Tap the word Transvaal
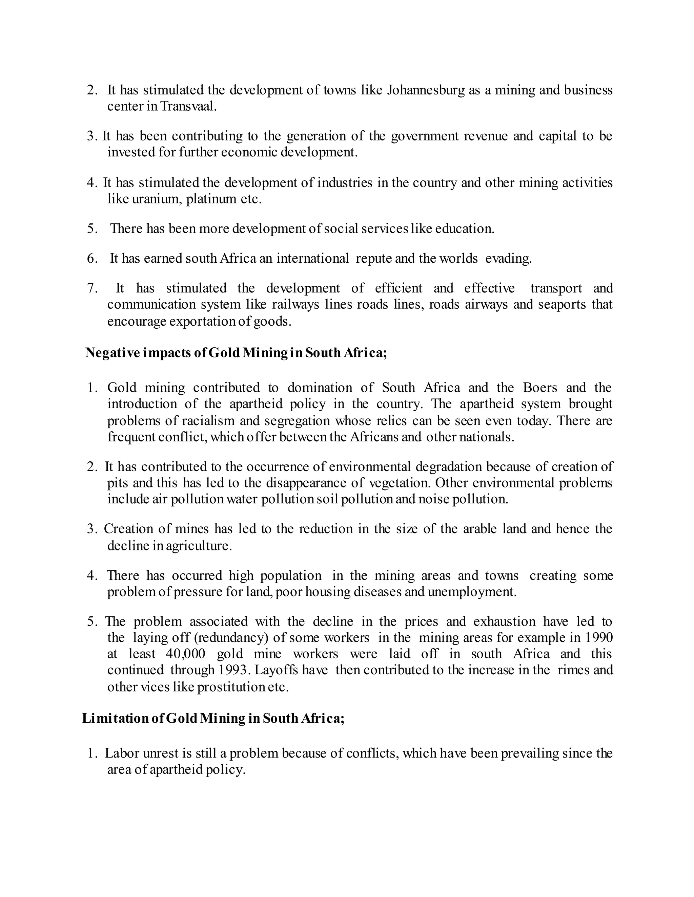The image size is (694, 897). point(188,106)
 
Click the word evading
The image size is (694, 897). point(508,259)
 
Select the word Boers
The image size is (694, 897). point(540,388)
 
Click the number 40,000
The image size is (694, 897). point(185,654)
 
